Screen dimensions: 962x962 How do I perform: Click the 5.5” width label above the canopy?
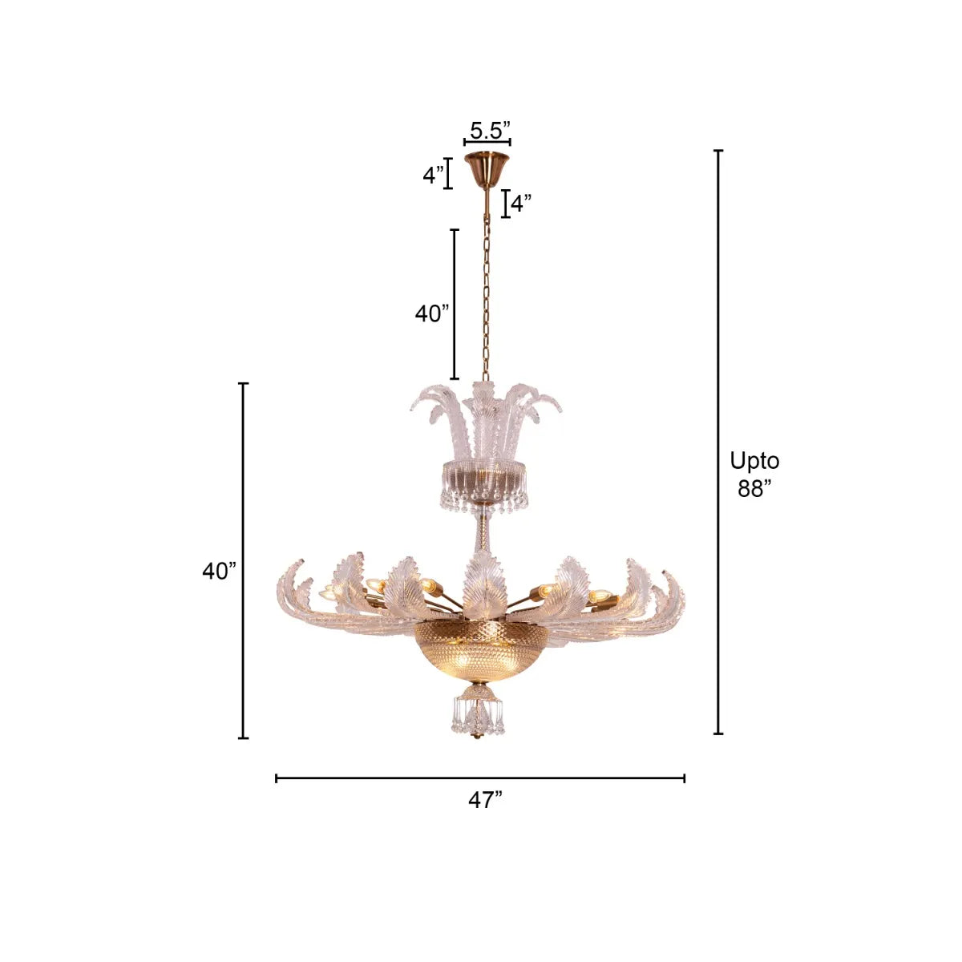point(490,131)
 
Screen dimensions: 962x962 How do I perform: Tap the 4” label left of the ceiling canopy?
point(433,175)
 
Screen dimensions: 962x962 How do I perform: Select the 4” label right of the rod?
point(521,204)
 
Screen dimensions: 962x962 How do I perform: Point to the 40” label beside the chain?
point(432,313)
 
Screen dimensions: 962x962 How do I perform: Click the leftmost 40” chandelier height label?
point(219,571)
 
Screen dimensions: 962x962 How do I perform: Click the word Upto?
point(754,462)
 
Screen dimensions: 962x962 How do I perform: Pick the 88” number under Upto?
point(754,488)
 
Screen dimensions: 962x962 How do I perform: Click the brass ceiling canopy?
point(487,170)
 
